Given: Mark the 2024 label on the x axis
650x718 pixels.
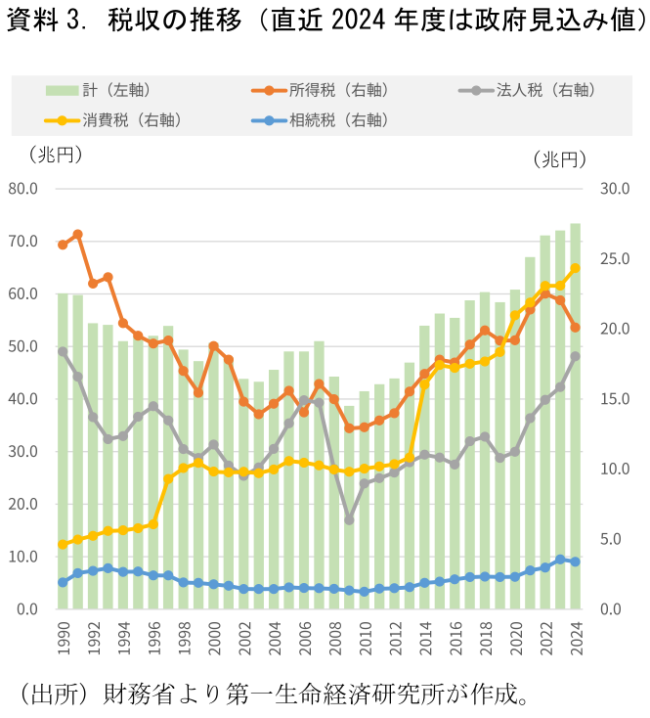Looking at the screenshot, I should (576, 643).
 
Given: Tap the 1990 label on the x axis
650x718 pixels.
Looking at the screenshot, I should (63, 643).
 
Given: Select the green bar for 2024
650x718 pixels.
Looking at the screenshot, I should (576, 421).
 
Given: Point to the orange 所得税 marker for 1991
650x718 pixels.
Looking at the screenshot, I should (77, 235).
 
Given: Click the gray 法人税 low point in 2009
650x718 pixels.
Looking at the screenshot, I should (349, 519).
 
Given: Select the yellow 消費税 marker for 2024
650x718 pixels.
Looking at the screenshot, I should (576, 268).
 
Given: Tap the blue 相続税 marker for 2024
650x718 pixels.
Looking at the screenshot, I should (576, 561).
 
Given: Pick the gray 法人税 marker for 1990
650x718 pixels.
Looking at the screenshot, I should (63, 351).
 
